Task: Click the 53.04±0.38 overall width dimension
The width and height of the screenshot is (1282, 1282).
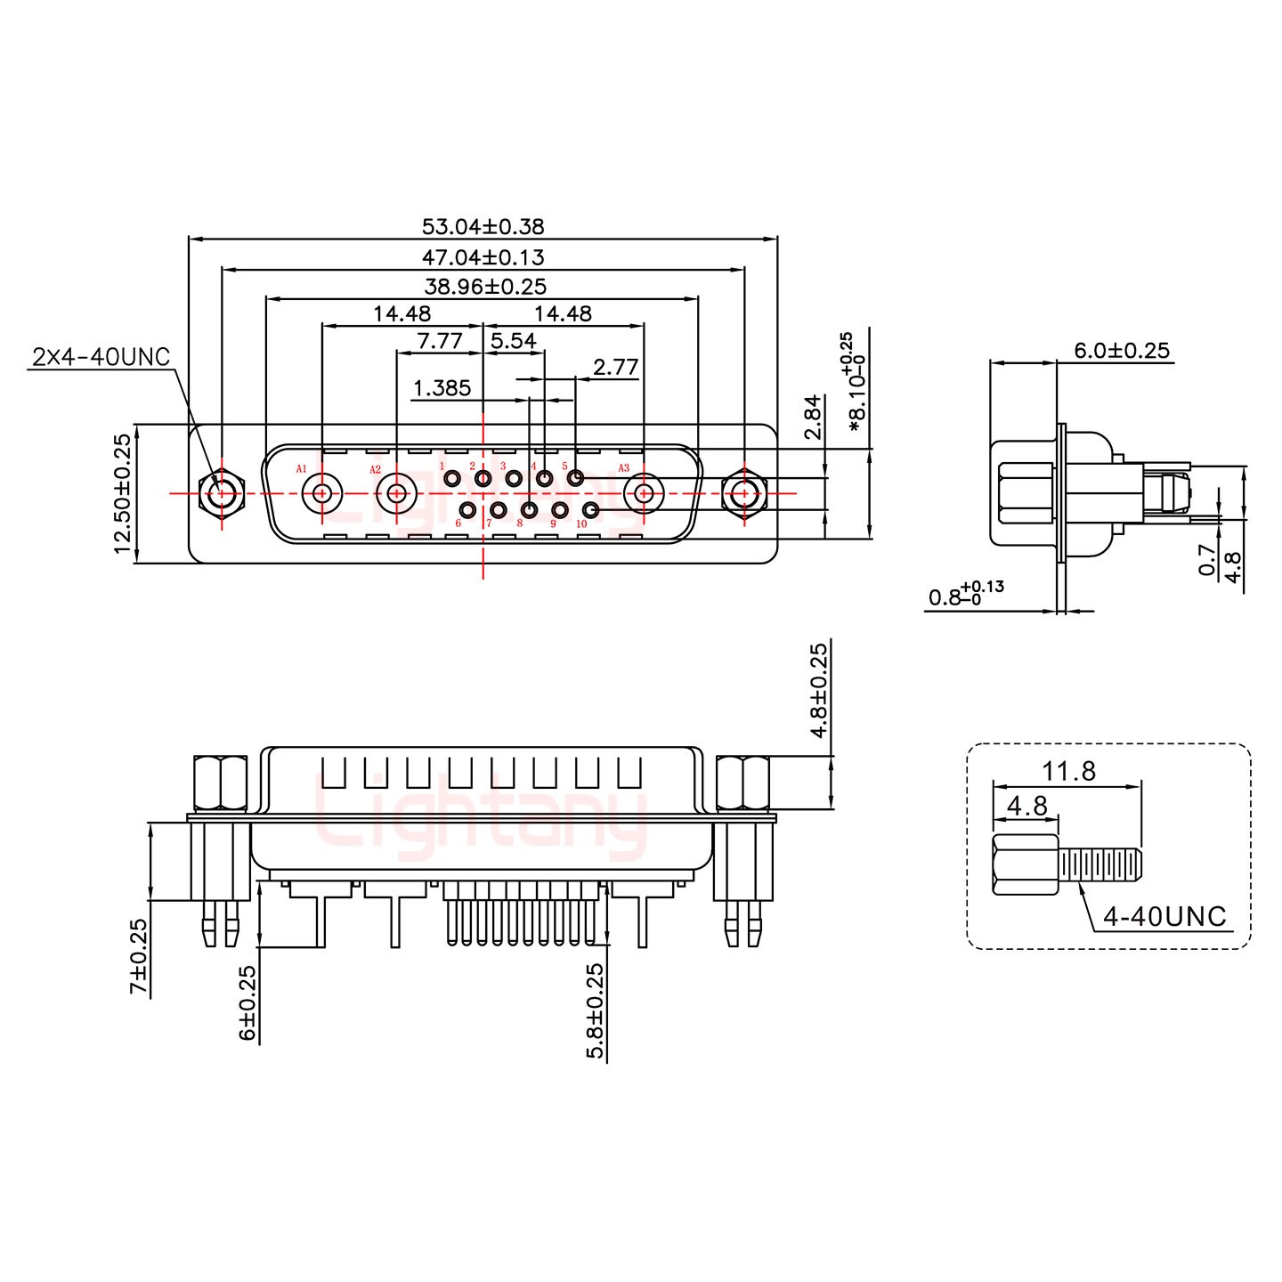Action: coord(483,226)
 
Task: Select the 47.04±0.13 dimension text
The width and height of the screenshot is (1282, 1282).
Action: coord(483,257)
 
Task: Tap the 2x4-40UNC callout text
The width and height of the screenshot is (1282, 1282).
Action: coord(101,357)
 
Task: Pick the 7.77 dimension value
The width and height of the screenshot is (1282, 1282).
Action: coord(439,341)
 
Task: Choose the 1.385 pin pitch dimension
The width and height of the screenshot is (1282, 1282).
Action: coord(442,388)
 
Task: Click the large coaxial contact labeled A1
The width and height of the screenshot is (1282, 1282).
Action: coord(321,491)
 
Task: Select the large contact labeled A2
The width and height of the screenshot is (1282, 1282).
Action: coord(394,491)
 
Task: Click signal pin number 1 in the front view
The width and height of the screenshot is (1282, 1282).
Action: coord(452,480)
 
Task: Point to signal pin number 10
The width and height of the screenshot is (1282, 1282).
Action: coord(590,510)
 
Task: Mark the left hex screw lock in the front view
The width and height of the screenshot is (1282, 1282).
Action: coord(220,492)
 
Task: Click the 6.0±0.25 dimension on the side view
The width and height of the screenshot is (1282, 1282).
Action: coord(1121,350)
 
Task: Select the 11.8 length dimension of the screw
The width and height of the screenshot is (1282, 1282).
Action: coord(1069,771)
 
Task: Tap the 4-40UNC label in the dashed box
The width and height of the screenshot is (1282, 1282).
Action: coord(1164,915)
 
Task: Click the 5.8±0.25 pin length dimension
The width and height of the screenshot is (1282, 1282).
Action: coord(596,1010)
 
